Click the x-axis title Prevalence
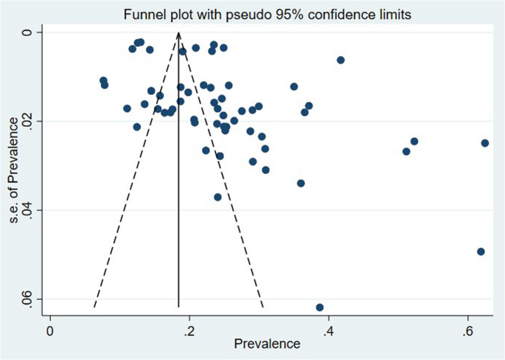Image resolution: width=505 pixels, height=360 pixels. (x=267, y=344)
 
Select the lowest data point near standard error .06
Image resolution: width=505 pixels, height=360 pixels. (x=319, y=307)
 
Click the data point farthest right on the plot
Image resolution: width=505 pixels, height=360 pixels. (x=485, y=143)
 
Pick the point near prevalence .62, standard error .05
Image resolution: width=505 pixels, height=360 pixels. (x=481, y=252)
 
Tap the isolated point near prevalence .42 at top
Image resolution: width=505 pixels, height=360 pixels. (x=341, y=60)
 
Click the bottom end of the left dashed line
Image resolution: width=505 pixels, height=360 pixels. (x=94, y=307)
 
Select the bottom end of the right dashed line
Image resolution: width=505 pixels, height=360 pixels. (x=263, y=307)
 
